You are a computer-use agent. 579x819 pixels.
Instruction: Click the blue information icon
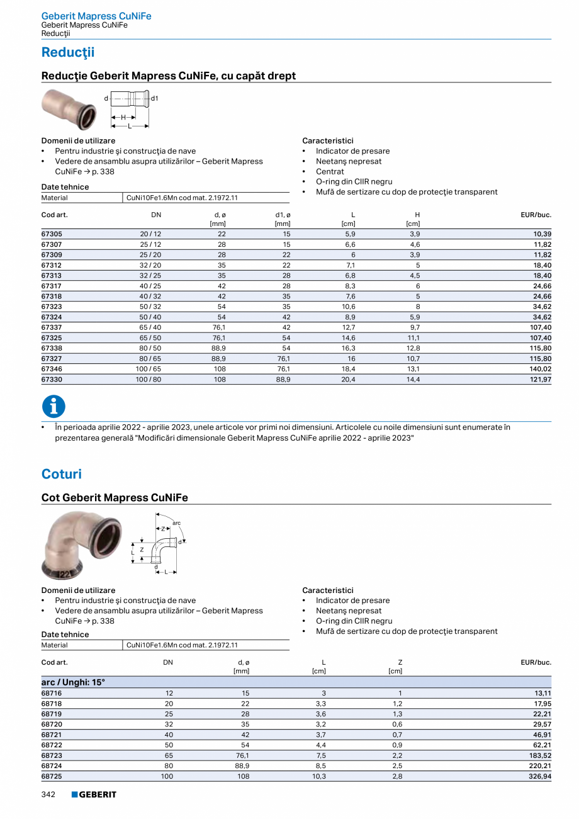[53, 406]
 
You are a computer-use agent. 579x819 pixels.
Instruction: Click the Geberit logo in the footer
[94, 794]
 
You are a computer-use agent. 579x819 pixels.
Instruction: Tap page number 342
[48, 794]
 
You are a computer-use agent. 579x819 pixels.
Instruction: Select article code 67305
[52, 234]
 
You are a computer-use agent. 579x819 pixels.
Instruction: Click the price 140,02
[539, 370]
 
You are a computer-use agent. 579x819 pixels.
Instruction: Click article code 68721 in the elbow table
[52, 734]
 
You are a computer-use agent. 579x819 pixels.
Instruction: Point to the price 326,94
[539, 776]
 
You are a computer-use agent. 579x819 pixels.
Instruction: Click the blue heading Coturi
[62, 474]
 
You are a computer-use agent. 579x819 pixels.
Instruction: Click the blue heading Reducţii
[68, 52]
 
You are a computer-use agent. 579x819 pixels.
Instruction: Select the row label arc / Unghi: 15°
[73, 682]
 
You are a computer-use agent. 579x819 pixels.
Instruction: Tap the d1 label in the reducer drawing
[154, 98]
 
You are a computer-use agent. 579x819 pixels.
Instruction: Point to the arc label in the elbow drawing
[176, 522]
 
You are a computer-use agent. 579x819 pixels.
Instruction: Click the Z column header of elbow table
[400, 662]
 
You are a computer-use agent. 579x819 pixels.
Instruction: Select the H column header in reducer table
[417, 215]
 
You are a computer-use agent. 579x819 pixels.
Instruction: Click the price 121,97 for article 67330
[539, 380]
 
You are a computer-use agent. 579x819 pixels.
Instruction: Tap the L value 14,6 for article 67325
[349, 337]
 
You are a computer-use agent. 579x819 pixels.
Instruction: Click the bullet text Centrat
[330, 171]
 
